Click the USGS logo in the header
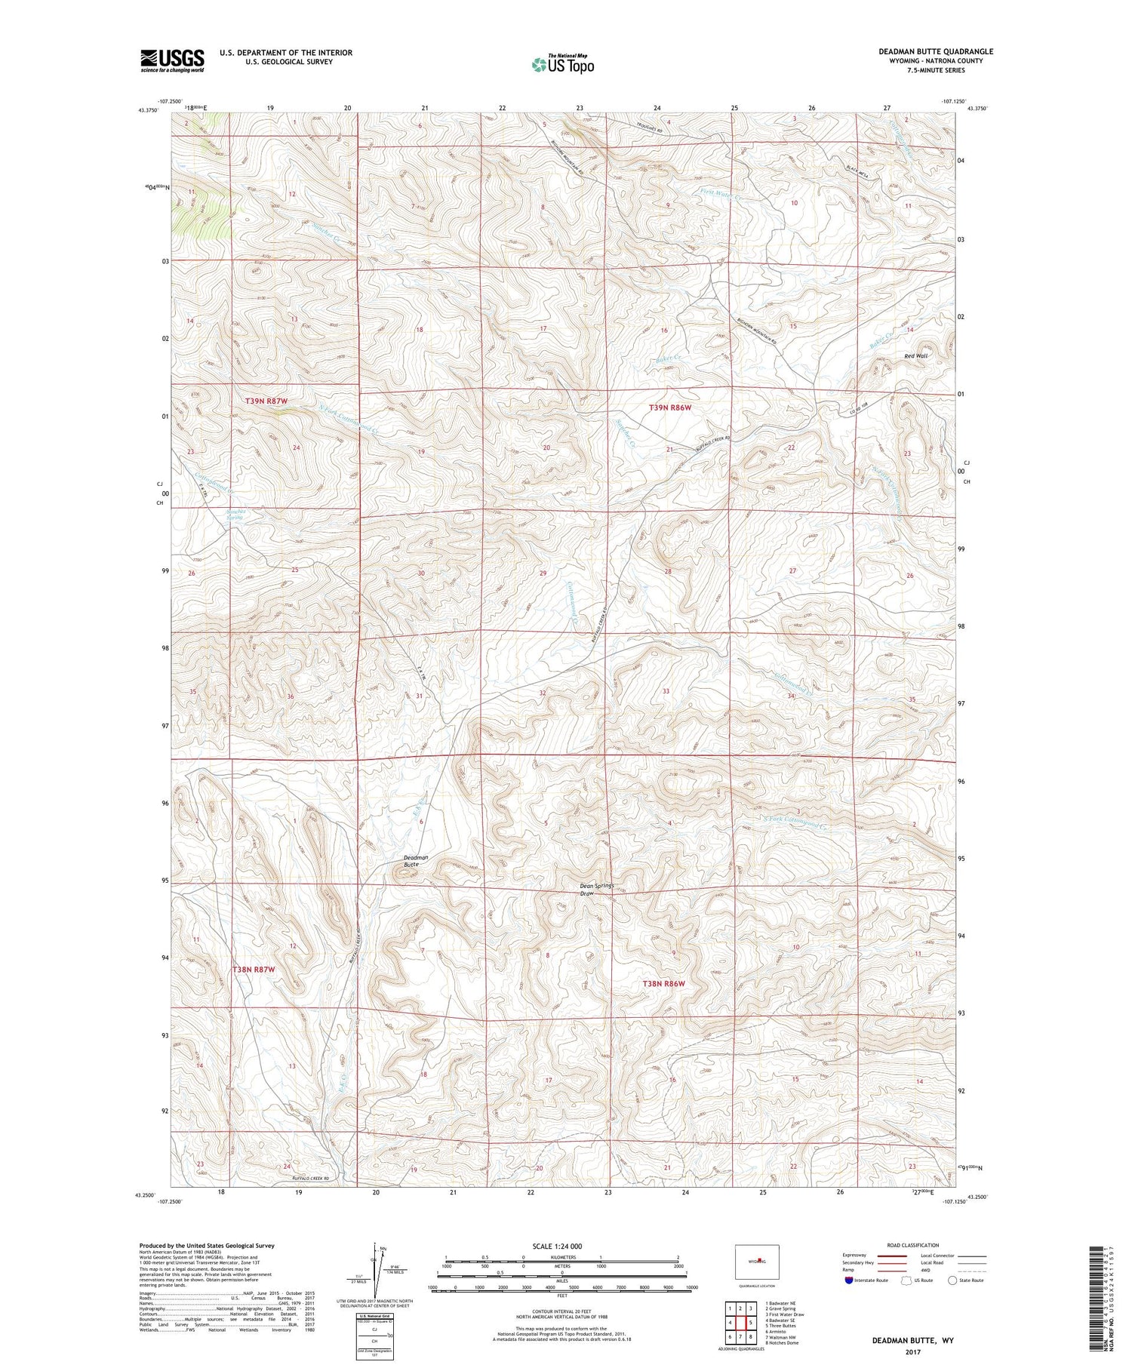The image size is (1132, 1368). click(x=172, y=60)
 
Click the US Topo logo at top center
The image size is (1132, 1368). click(x=562, y=64)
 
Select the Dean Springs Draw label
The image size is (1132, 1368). click(x=597, y=890)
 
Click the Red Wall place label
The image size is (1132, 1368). click(x=916, y=355)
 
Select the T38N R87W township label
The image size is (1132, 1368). click(x=254, y=969)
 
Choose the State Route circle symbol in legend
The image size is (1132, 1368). click(x=952, y=1280)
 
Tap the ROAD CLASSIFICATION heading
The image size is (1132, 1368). click(x=913, y=1245)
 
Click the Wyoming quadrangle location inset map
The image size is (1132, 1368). click(x=757, y=1262)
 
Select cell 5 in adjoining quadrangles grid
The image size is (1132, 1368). click(x=751, y=1323)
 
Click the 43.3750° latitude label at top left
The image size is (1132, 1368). click(x=149, y=110)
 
